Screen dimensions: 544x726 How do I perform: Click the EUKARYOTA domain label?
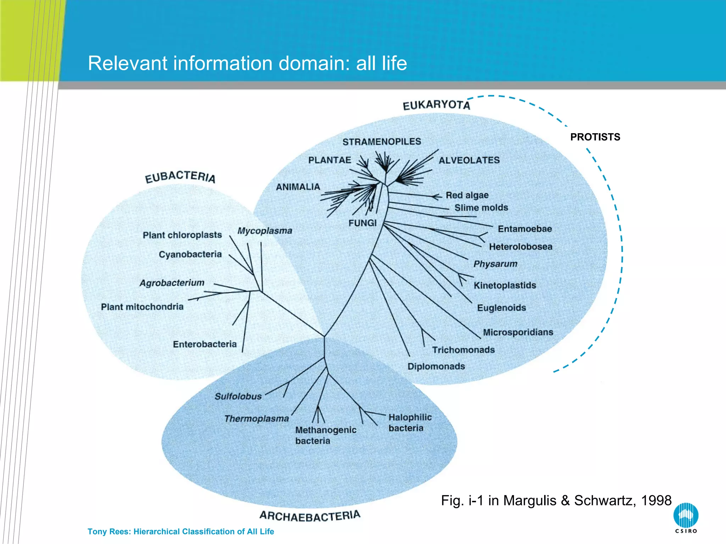click(436, 105)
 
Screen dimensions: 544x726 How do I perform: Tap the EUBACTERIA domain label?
click(180, 177)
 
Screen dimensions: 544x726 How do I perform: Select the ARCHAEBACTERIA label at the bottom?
click(310, 516)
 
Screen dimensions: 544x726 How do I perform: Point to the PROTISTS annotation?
click(595, 137)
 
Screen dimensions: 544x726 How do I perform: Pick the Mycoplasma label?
click(264, 231)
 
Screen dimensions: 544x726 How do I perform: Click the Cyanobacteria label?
click(190, 254)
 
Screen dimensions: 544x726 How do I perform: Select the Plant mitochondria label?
click(142, 307)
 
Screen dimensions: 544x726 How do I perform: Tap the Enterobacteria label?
click(205, 344)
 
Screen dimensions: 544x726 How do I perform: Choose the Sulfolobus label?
click(238, 396)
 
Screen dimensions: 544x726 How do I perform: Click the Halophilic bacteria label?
click(409, 423)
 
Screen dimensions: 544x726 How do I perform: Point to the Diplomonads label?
click(436, 366)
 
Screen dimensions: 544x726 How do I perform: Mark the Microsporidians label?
click(518, 332)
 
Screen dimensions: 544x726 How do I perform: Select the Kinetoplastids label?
click(505, 285)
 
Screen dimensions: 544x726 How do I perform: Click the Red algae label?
click(467, 195)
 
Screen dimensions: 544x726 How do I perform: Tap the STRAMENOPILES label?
click(381, 142)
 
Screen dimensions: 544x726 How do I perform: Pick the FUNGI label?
click(362, 223)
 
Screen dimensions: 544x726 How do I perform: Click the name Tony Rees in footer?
click(109, 532)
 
